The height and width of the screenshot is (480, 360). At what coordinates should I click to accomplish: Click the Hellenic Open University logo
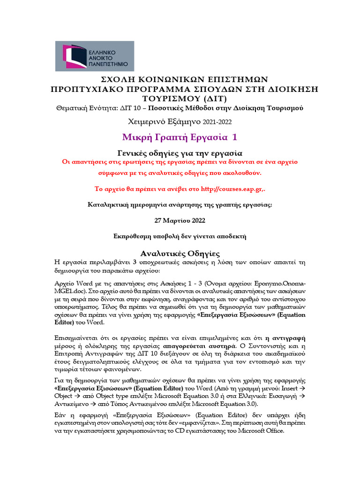pos(94,56)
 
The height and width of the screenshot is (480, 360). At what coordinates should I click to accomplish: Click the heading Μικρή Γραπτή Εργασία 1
pos(180,137)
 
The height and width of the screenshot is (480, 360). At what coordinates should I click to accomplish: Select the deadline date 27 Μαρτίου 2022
pos(180,220)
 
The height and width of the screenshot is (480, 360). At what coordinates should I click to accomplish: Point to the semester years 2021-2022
pos(217,122)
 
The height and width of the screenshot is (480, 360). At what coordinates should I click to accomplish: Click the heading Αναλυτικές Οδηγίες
pos(180,253)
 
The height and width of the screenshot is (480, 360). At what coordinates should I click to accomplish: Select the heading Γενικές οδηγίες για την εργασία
pos(180,152)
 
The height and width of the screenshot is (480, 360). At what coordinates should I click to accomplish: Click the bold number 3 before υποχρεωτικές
pos(135,262)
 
